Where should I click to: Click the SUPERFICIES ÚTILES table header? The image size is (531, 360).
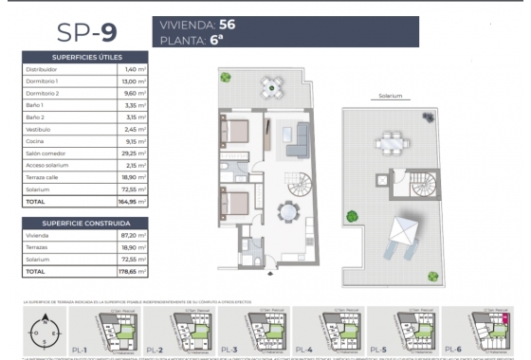(86, 57)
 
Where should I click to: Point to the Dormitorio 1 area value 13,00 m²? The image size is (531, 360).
(134, 81)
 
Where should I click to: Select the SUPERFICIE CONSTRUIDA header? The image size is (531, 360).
(86, 223)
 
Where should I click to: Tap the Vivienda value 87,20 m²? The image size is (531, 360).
(134, 235)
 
